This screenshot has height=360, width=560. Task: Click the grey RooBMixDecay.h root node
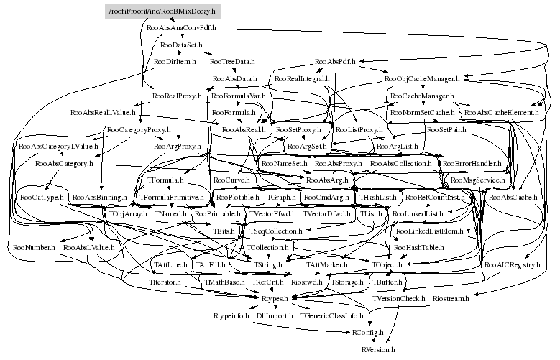pos(161,11)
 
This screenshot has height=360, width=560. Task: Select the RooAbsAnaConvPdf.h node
pos(181,29)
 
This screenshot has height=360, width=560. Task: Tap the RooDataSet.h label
pos(182,45)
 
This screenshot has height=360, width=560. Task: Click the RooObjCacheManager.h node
pos(422,78)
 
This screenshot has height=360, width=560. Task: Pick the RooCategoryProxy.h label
pos(138,130)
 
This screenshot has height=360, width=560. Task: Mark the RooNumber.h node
pos(33,248)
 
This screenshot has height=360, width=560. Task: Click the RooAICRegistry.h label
pos(512,265)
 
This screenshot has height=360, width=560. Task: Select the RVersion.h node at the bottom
pos(378,349)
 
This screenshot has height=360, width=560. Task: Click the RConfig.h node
pos(367,333)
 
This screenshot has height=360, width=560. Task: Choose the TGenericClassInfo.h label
pos(334,315)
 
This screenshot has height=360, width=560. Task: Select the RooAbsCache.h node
pos(512,197)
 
